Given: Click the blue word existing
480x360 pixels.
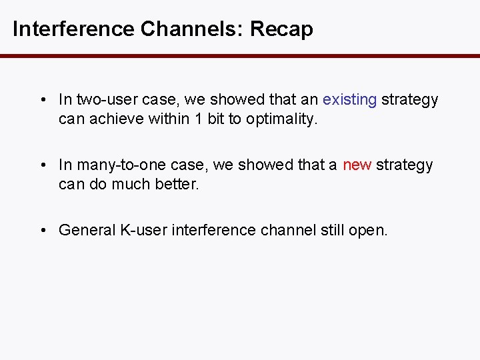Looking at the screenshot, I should pyautogui.click(x=349, y=100).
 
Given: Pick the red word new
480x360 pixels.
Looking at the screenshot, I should pyautogui.click(x=357, y=165).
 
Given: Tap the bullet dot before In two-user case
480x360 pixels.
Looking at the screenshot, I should pyautogui.click(x=42, y=101).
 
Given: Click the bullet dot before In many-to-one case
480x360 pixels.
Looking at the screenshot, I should pyautogui.click(x=42, y=165).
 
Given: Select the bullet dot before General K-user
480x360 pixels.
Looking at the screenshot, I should pyautogui.click(x=42, y=231).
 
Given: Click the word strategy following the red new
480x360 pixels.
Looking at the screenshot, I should pyautogui.click(x=405, y=165).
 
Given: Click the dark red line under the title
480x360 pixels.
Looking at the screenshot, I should pyautogui.click(x=240, y=57).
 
